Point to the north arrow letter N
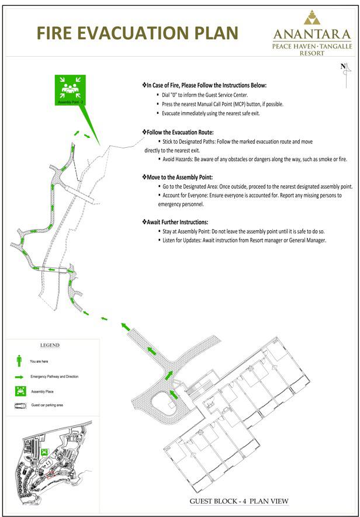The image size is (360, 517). click(x=343, y=66)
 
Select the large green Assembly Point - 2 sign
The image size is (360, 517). click(x=70, y=90)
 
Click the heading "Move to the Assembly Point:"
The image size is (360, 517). click(x=178, y=176)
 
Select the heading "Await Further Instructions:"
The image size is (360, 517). click(x=175, y=222)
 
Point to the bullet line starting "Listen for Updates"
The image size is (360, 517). click(x=244, y=241)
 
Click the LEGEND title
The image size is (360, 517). click(x=50, y=345)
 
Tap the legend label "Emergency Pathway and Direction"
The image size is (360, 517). click(x=54, y=377)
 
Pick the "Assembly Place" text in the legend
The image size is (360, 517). click(x=43, y=391)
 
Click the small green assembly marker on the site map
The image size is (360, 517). click(x=44, y=452)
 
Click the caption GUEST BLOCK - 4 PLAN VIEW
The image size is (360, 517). click(x=240, y=501)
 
